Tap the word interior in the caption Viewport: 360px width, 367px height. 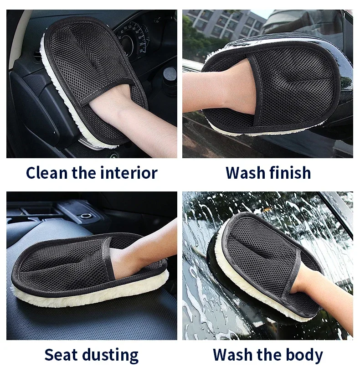coord(129,173)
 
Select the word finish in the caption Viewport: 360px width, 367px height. coord(290,173)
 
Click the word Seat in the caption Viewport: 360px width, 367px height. coord(61,355)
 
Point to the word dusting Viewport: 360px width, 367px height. coord(111,356)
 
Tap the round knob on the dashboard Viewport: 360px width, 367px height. coord(170,74)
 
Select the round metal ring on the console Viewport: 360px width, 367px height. coord(86,215)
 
